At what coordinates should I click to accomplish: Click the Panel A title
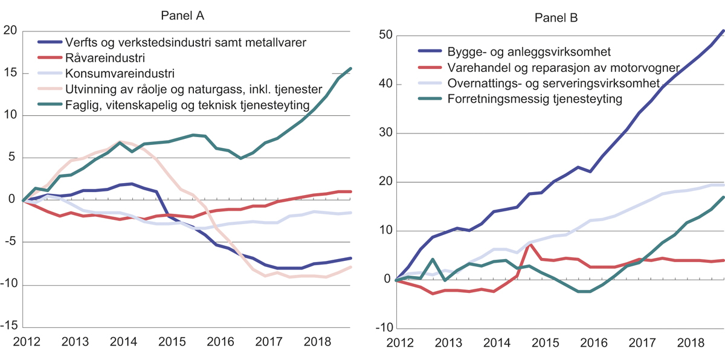(182, 16)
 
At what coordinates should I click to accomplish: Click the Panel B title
(556, 18)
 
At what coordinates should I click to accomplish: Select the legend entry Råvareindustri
(97, 58)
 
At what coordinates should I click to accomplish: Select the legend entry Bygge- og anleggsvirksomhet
(520, 52)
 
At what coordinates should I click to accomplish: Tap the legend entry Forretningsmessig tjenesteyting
(535, 99)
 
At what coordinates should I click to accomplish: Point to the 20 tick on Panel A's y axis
(11, 31)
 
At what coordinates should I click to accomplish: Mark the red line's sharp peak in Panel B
(530, 245)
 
